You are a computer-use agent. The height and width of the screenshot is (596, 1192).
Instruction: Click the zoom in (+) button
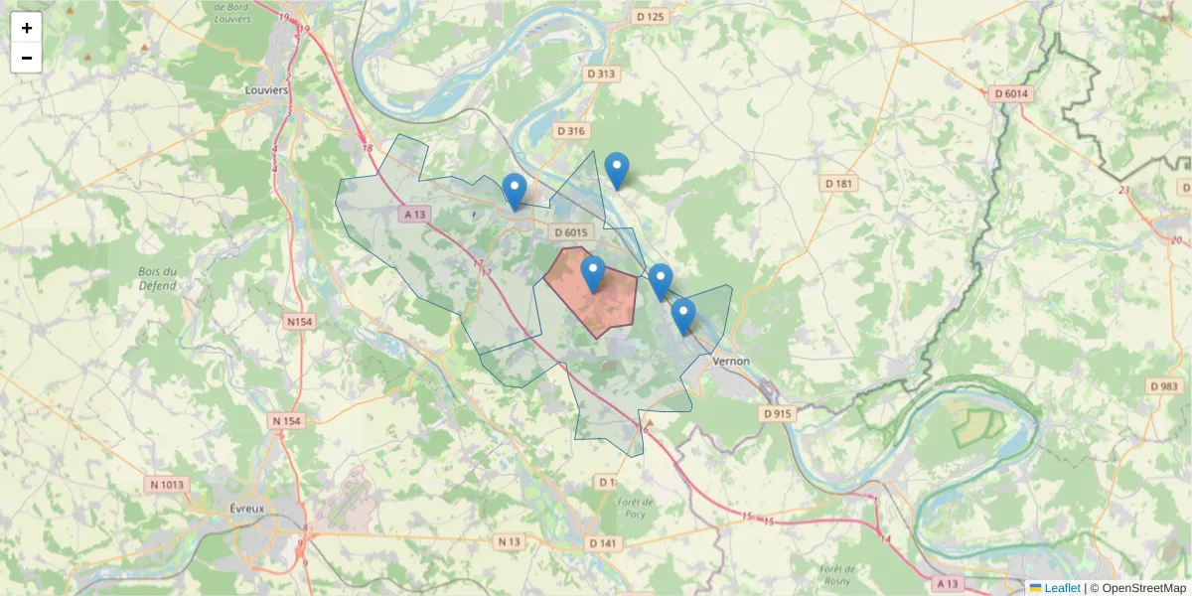pos(27,28)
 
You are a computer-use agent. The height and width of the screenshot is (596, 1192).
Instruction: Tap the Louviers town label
pos(266,89)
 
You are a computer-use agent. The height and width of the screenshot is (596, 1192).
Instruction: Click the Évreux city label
pos(246,508)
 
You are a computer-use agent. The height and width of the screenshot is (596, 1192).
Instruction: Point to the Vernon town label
pos(731,362)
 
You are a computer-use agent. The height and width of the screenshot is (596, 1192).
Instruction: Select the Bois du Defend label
pos(157,278)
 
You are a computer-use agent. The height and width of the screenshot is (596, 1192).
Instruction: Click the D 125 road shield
pos(650,17)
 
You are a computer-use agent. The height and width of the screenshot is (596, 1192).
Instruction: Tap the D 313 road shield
pos(601,74)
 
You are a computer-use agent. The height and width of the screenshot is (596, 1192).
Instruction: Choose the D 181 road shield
pos(839,184)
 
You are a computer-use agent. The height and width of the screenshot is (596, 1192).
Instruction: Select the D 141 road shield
pos(603,543)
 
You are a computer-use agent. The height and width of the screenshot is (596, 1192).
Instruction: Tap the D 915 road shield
pos(778,412)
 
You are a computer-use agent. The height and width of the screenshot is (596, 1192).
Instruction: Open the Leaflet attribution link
pos(1061,588)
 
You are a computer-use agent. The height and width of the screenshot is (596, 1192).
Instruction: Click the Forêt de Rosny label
pos(839,574)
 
